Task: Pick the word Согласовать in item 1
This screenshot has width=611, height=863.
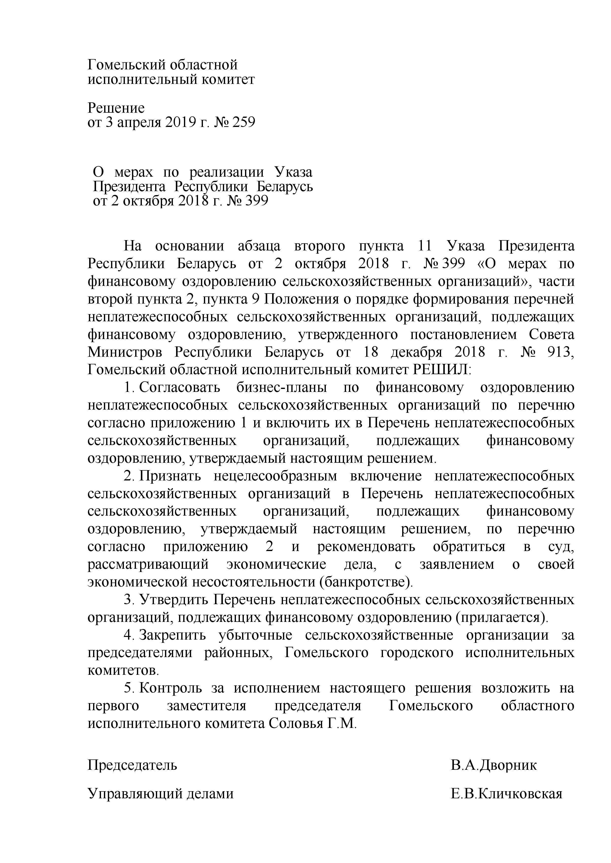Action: coord(180,387)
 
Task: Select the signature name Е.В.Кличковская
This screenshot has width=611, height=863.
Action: coord(506,793)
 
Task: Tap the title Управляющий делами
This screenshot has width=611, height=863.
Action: coord(161,793)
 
